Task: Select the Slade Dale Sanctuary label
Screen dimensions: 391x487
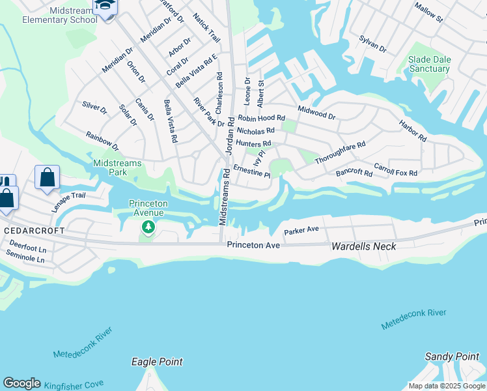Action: click(429, 64)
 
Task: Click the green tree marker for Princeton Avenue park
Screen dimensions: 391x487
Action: click(148, 227)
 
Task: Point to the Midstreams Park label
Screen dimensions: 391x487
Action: click(109, 167)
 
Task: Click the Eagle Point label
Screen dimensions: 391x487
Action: click(157, 362)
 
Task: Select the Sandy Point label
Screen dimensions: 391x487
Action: click(452, 356)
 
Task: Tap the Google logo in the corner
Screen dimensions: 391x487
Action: click(21, 383)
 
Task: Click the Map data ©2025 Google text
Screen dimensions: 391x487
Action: click(446, 386)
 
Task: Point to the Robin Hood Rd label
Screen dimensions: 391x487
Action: click(262, 119)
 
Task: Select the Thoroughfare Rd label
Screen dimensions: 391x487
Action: click(340, 152)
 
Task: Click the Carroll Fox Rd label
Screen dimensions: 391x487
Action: click(395, 169)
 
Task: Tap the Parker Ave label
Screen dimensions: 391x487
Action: click(301, 230)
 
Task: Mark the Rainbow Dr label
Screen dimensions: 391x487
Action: click(102, 140)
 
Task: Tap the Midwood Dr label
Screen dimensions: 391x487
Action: click(316, 112)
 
